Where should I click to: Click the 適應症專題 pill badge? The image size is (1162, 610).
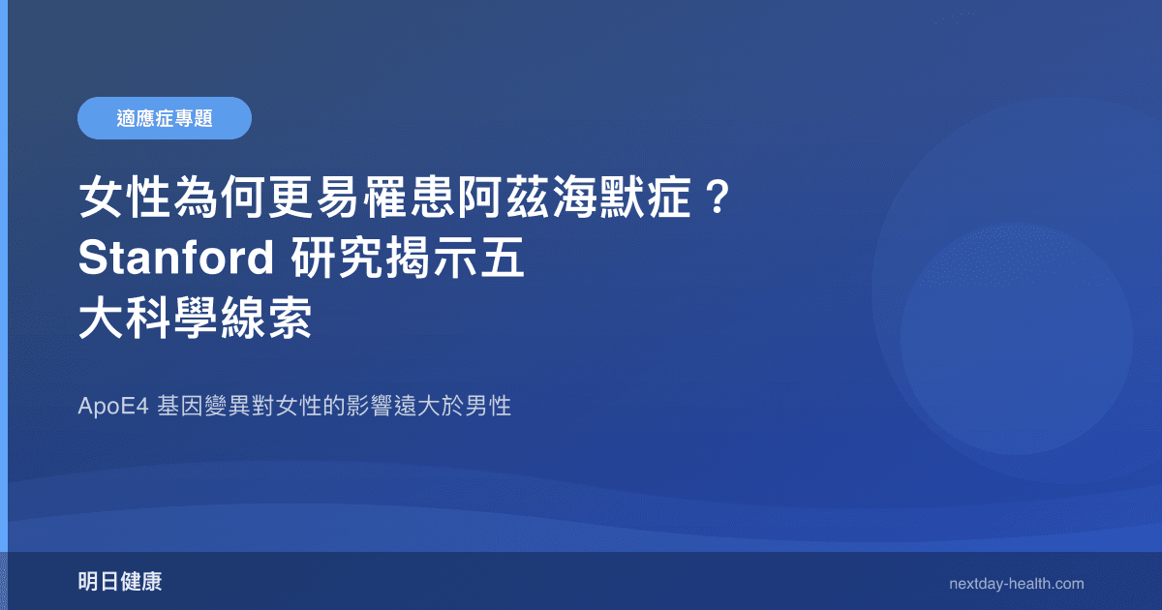click(165, 118)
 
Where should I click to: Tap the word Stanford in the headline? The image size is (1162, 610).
click(173, 259)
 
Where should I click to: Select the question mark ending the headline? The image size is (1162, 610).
click(716, 200)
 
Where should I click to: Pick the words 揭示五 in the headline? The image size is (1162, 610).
click(462, 259)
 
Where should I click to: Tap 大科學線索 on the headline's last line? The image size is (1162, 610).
click(195, 318)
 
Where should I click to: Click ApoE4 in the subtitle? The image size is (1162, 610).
click(112, 407)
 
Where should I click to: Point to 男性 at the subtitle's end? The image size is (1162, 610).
click(489, 407)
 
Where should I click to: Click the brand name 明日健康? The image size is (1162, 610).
click(120, 583)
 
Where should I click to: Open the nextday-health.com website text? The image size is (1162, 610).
click(1017, 584)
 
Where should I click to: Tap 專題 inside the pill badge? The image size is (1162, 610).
click(195, 118)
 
